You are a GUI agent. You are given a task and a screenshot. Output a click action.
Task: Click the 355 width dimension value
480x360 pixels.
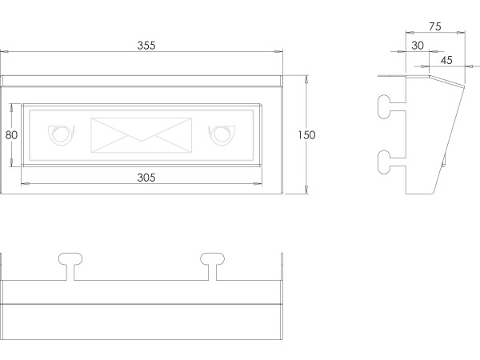(146, 46)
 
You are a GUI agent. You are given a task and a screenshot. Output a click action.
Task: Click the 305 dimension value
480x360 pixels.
(146, 177)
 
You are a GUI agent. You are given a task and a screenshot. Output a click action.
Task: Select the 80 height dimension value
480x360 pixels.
(11, 134)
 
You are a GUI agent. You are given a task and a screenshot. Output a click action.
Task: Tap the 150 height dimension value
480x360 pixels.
(306, 134)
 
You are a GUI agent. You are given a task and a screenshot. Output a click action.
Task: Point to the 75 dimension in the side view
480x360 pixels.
(435, 26)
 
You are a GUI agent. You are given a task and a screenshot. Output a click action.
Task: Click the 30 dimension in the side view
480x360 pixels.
(418, 46)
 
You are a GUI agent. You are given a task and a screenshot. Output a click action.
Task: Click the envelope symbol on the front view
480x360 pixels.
(142, 134)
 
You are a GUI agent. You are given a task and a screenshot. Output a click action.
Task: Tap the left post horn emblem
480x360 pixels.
(60, 134)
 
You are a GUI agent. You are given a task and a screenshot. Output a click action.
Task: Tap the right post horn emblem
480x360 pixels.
(220, 134)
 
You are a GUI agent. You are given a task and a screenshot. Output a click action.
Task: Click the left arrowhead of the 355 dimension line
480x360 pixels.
(4, 53)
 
